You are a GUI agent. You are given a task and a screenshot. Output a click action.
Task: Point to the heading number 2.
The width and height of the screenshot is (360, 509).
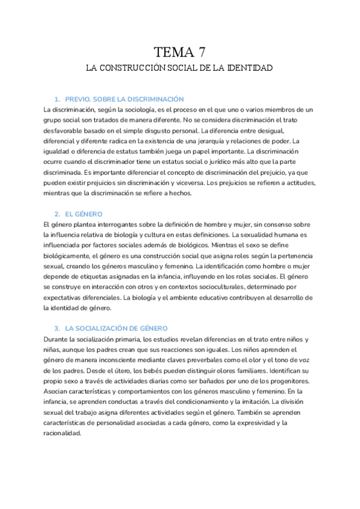point(56,214)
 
